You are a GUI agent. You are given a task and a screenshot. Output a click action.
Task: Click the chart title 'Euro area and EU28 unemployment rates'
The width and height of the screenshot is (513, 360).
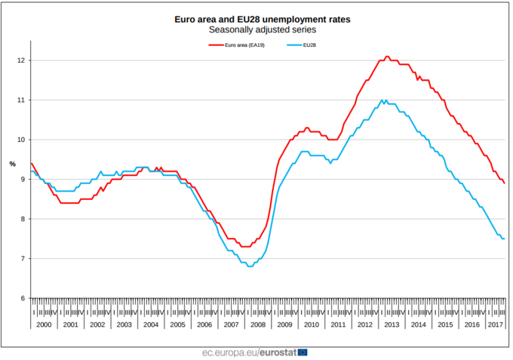257,17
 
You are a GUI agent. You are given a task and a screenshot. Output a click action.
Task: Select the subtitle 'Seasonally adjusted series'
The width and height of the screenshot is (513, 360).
257,29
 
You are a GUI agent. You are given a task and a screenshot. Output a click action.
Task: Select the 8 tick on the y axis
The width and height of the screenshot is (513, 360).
23,219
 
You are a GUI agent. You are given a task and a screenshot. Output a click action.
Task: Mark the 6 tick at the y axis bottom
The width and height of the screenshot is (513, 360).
23,298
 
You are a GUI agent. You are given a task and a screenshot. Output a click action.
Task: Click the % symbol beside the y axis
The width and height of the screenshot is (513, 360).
12,164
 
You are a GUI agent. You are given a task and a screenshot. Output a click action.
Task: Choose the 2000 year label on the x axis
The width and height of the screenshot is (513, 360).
44,324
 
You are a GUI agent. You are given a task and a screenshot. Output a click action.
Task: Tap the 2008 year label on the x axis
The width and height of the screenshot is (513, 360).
257,324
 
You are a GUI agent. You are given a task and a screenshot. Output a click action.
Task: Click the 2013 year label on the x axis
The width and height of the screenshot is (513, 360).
391,324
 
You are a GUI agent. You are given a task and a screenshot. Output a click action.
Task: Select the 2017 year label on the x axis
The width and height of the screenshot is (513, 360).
496,324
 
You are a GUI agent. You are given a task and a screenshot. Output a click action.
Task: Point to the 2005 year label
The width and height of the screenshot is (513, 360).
177,324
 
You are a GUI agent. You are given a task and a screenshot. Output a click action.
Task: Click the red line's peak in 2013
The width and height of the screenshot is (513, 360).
387,57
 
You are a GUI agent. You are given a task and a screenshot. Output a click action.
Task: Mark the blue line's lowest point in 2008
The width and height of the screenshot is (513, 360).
250,266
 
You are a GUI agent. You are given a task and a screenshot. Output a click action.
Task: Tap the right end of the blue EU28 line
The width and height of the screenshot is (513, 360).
504,238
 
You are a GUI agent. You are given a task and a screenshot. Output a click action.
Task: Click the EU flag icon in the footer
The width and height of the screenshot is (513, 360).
303,352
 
